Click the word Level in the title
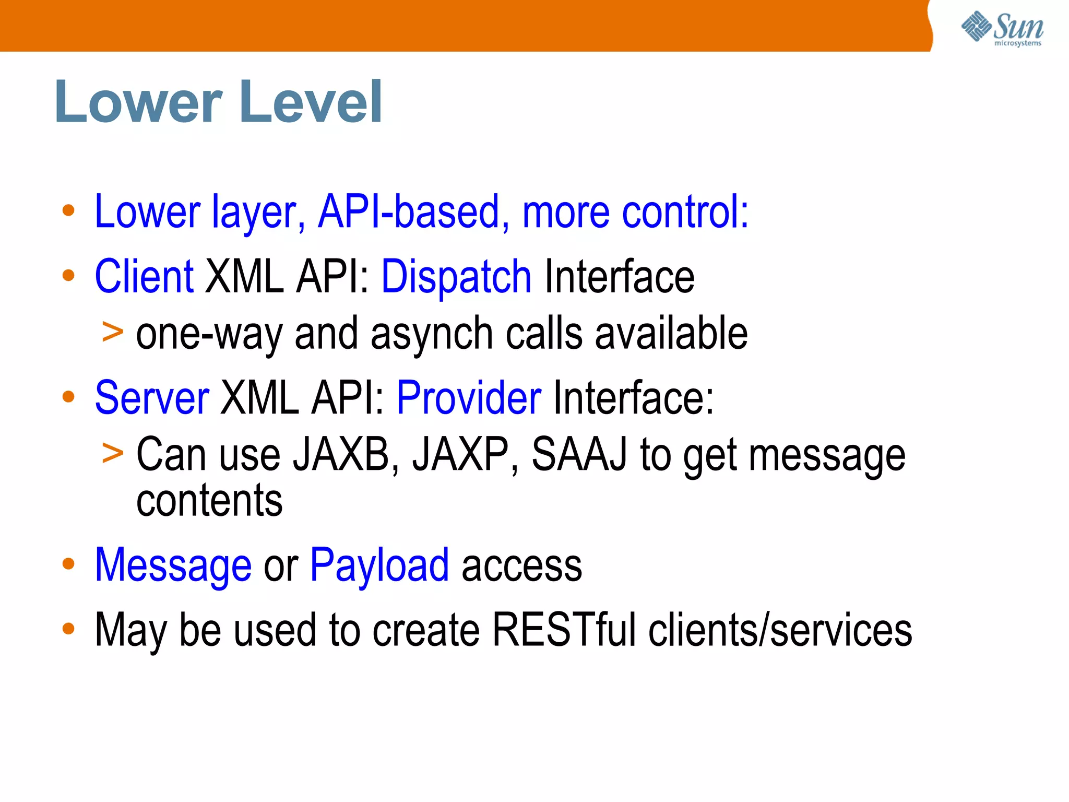coord(312,102)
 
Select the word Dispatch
coord(456,277)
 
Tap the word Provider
coord(469,398)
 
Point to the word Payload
coord(379,565)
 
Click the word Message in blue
coord(173,565)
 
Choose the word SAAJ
coord(579,454)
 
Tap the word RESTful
coord(564,630)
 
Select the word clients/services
coord(780,630)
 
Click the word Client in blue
coord(144,277)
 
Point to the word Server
coord(152,398)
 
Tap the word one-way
coord(209,334)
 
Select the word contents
coord(209,500)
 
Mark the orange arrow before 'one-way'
coord(113,332)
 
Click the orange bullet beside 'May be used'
coord(68,629)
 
